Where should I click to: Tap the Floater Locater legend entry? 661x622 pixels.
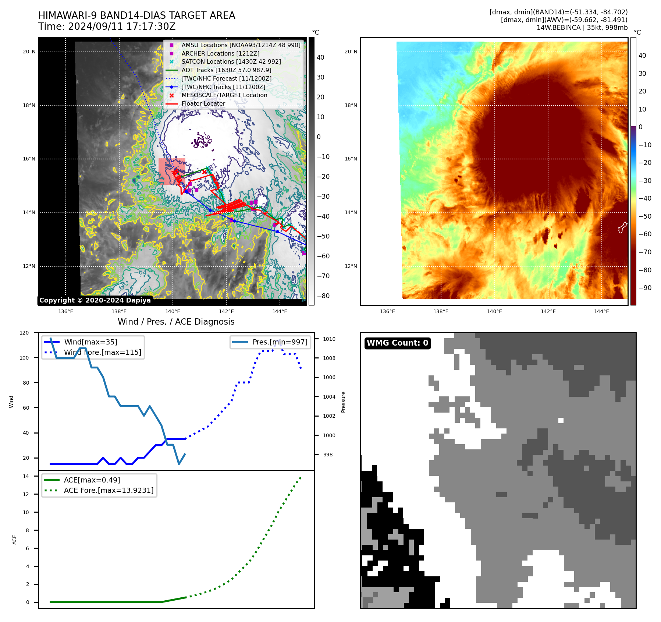click(203, 103)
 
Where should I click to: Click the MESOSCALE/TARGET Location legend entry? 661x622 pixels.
click(224, 95)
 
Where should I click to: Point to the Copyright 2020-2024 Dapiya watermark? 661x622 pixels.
click(95, 300)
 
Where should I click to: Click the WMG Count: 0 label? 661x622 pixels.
click(397, 343)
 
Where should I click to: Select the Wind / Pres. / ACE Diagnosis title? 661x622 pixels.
click(176, 322)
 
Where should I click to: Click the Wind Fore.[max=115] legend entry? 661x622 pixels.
click(102, 352)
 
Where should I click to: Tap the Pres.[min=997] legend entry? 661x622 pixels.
click(280, 342)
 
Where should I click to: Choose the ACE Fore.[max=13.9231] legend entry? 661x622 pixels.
click(109, 490)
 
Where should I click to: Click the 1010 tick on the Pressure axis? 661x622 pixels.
click(329, 339)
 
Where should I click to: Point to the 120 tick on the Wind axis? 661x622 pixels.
click(24, 333)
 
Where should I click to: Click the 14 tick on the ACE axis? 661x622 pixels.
click(26, 476)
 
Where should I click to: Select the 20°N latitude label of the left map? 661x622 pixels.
click(29, 52)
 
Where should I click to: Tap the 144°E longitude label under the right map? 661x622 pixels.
click(601, 311)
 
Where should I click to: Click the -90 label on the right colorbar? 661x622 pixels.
click(645, 288)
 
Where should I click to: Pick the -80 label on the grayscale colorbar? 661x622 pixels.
click(323, 296)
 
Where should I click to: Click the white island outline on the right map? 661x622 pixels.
click(622, 227)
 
